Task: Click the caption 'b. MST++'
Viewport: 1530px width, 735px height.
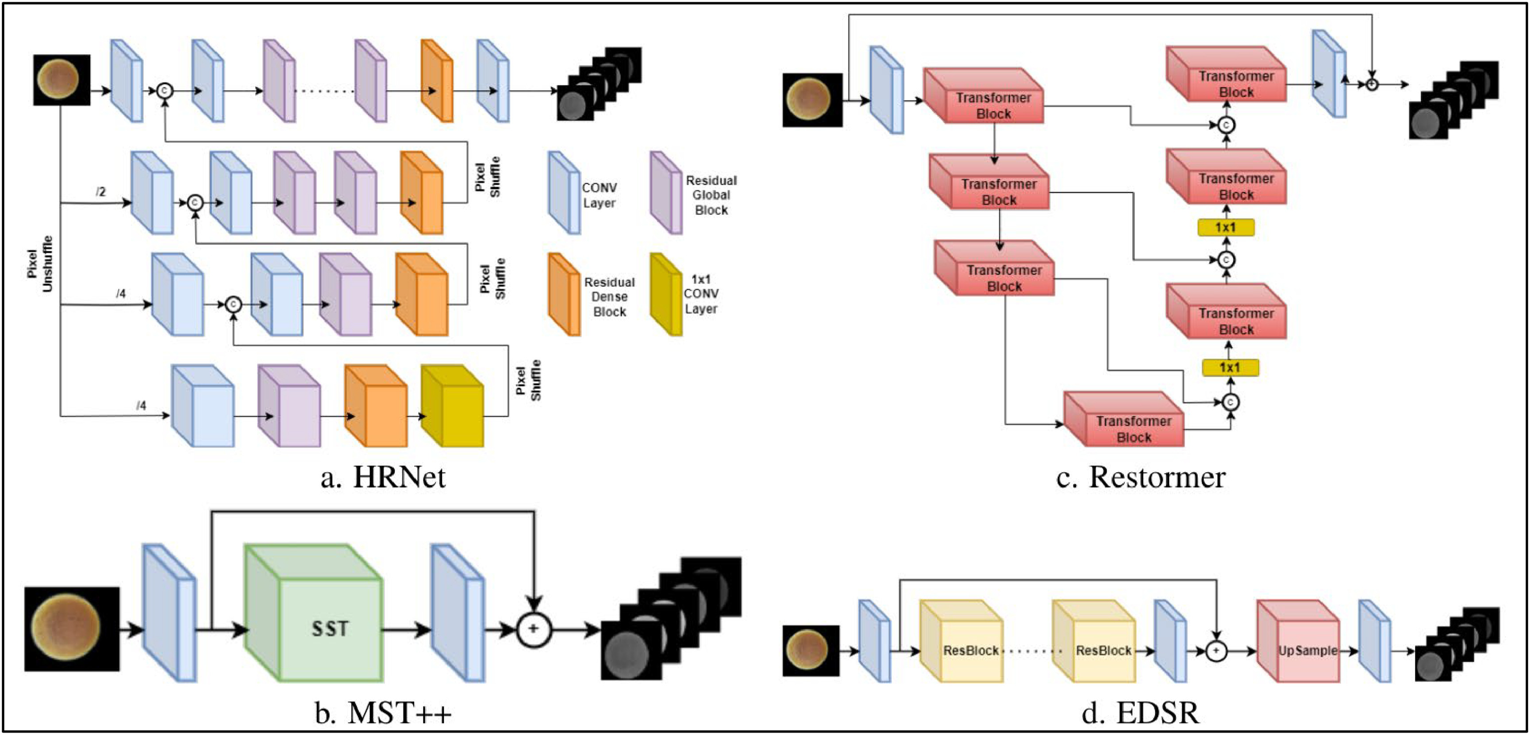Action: [383, 712]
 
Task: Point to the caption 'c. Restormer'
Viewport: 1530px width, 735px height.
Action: [1140, 477]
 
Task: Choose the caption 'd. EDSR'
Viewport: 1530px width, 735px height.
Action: [1140, 712]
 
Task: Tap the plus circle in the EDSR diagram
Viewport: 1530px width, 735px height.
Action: [1216, 651]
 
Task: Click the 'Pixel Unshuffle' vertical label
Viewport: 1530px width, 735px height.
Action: [40, 264]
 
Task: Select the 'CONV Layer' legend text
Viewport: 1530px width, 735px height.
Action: [599, 195]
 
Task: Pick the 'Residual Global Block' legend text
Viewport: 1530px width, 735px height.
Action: [711, 195]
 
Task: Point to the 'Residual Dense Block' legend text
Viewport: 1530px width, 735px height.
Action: [609, 297]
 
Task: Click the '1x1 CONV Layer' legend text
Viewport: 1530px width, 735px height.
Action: [701, 294]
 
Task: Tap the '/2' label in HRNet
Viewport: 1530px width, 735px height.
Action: [101, 192]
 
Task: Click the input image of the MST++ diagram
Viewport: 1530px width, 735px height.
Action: [72, 629]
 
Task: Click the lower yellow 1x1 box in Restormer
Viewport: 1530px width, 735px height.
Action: [1230, 368]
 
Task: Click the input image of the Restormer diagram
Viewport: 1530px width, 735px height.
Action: [812, 100]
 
